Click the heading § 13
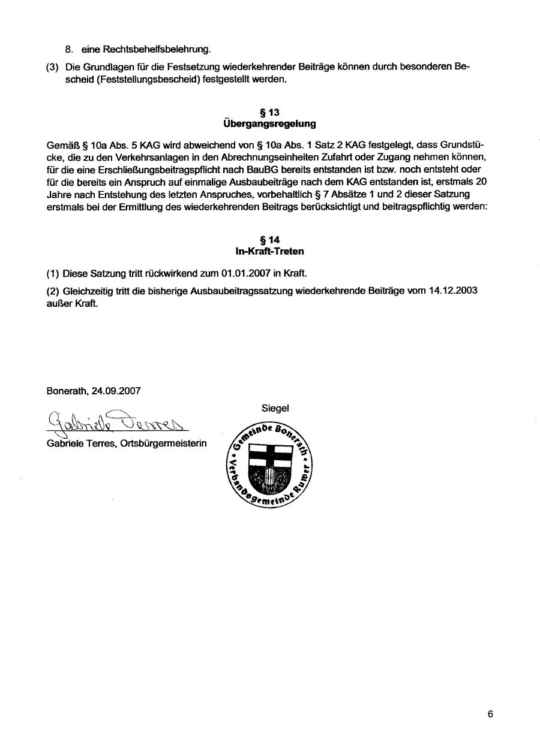point(270,113)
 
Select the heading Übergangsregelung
point(269,124)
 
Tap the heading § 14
point(270,240)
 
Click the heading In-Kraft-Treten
point(270,251)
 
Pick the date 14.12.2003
point(453,290)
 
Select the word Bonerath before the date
point(67,391)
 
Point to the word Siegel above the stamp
point(275,408)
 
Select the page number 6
point(490,714)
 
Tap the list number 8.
point(69,49)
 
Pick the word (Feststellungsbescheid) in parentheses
point(124,79)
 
